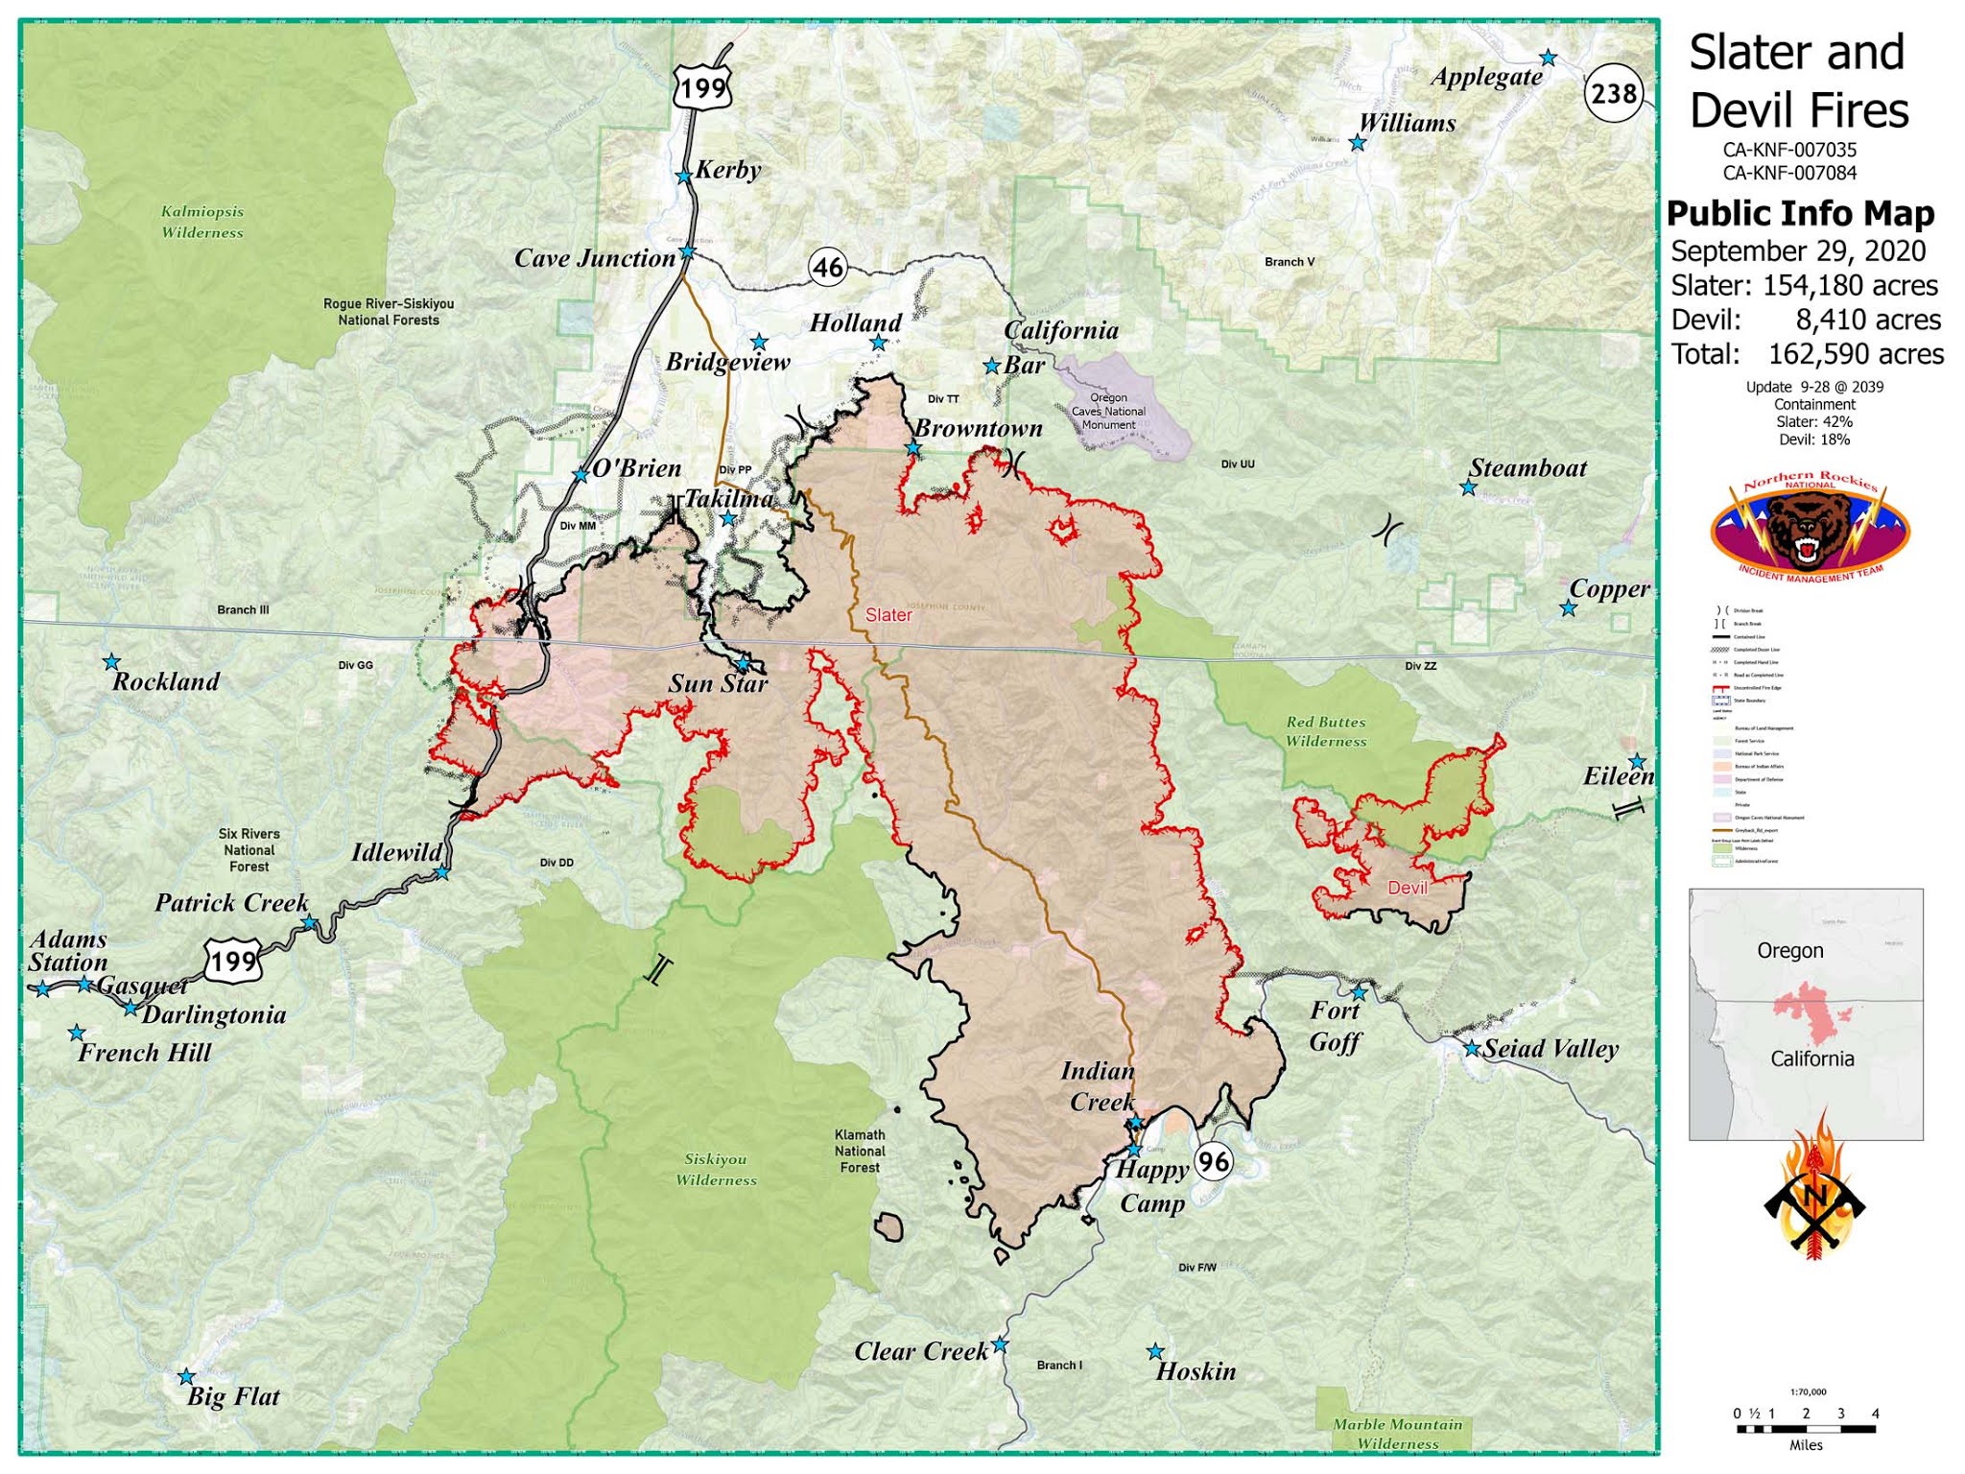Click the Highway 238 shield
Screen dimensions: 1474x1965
[1614, 93]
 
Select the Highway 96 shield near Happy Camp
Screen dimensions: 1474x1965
[1213, 1162]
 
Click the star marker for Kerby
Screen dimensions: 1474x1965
[683, 177]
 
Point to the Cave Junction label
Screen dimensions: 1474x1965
[595, 258]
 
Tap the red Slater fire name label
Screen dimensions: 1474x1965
[888, 615]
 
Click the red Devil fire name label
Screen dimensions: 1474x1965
[1408, 888]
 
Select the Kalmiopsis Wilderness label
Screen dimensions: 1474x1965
[202, 222]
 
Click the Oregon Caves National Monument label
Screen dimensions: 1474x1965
[1108, 411]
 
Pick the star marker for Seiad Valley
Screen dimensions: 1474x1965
[1472, 1049]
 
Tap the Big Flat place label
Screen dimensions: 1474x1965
[233, 1396]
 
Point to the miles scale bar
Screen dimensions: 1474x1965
[1806, 1429]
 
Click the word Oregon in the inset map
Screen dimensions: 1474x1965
[1789, 950]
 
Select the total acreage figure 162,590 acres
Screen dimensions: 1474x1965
[1856, 354]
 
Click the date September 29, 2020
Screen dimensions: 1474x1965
[1798, 251]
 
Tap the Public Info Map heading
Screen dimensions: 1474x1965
[1800, 213]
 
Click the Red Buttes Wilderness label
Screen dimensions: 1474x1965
[1326, 731]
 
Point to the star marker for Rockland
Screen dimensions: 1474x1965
[111, 662]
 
